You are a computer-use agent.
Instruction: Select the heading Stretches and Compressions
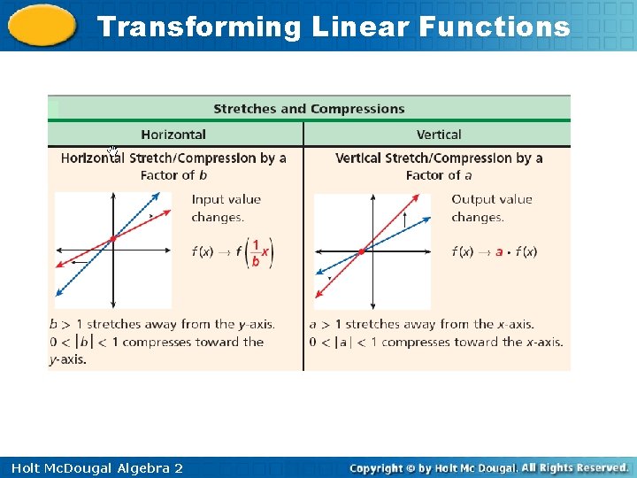tap(309, 109)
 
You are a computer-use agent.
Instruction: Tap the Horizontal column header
tap(173, 135)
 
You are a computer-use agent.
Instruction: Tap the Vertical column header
tap(439, 135)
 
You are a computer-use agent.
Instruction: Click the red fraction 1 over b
tap(256, 252)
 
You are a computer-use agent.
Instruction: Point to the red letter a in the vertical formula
tap(499, 252)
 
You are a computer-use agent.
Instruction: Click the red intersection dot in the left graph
tap(112, 239)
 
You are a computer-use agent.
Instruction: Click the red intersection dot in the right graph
tap(362, 251)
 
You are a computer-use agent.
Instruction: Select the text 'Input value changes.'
tap(226, 208)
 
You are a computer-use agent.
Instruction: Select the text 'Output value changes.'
tap(491, 208)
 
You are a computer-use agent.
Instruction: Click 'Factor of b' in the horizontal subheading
tap(173, 175)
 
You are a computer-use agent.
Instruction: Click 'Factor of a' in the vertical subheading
tap(439, 175)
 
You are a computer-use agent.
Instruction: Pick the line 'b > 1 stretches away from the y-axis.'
tap(162, 324)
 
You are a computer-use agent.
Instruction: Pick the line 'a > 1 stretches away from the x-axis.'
tap(421, 324)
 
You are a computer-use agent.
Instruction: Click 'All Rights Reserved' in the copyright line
tap(574, 467)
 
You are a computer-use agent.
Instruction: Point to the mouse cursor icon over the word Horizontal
tap(112, 151)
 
